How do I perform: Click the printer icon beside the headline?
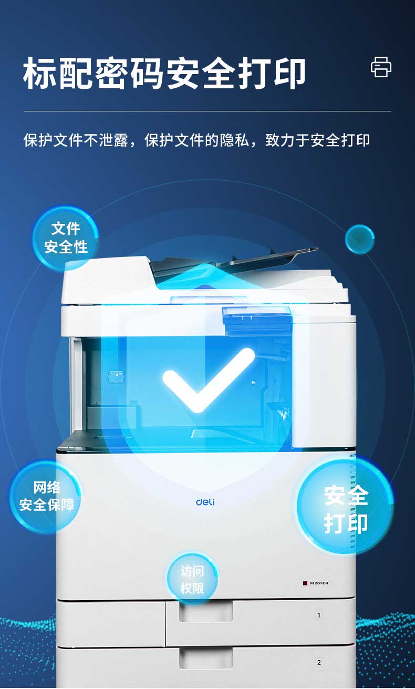(381, 67)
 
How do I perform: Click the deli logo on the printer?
(205, 502)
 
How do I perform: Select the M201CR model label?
(317, 583)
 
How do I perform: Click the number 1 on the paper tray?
(319, 615)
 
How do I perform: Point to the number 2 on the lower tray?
(319, 662)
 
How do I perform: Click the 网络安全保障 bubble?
(46, 497)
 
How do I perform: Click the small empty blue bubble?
(360, 239)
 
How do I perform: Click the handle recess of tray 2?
(205, 657)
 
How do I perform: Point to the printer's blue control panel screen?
(257, 320)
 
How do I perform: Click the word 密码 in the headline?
(129, 73)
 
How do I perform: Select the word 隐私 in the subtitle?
(234, 140)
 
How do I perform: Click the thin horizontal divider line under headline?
(207, 111)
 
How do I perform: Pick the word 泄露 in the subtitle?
(113, 140)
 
